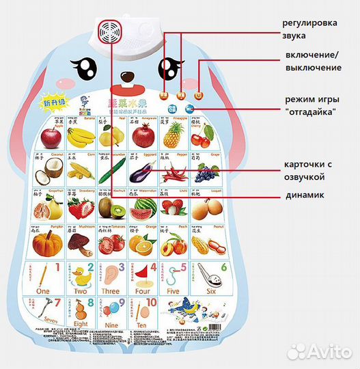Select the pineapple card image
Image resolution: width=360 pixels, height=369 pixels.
[x=172, y=137]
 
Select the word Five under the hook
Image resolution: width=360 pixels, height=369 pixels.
[x=174, y=290]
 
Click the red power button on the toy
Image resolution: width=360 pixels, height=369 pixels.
[x=198, y=97]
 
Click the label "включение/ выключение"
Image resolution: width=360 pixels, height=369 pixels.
[x=312, y=61]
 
